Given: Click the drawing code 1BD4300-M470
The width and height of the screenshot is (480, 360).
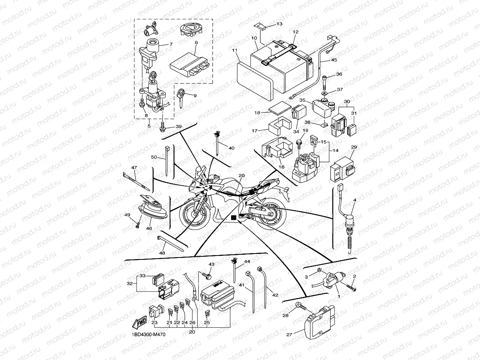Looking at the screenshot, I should (x=148, y=335).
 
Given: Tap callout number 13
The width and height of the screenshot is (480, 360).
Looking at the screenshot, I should (x=279, y=24).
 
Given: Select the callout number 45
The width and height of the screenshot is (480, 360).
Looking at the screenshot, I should (x=334, y=60).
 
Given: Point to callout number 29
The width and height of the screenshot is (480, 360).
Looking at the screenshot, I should (x=354, y=147).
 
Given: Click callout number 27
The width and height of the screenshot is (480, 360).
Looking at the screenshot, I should (x=289, y=335).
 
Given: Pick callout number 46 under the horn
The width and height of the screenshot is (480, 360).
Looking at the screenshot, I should (x=149, y=228).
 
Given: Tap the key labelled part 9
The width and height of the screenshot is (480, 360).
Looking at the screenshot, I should (x=181, y=97).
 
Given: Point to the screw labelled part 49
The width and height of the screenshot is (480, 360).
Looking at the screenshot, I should (x=137, y=225).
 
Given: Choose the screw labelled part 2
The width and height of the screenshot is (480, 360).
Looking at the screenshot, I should (x=351, y=288).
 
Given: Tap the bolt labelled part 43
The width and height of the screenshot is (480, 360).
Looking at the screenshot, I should (x=205, y=273).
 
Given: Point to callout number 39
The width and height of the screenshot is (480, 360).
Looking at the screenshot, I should (x=179, y=127).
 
